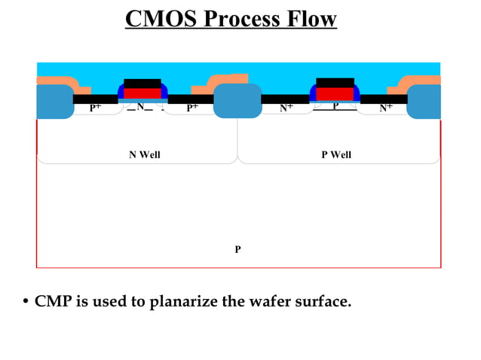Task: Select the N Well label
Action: tap(145, 155)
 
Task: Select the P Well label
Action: tap(336, 155)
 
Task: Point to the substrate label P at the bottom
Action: tap(237, 249)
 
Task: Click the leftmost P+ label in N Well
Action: tap(95, 108)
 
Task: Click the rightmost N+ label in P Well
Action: tap(385, 108)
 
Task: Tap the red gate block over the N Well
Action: tap(142, 93)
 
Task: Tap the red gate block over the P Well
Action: tap(335, 93)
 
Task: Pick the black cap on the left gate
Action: tap(142, 83)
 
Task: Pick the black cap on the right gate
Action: tap(335, 82)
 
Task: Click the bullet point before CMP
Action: tap(26, 303)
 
